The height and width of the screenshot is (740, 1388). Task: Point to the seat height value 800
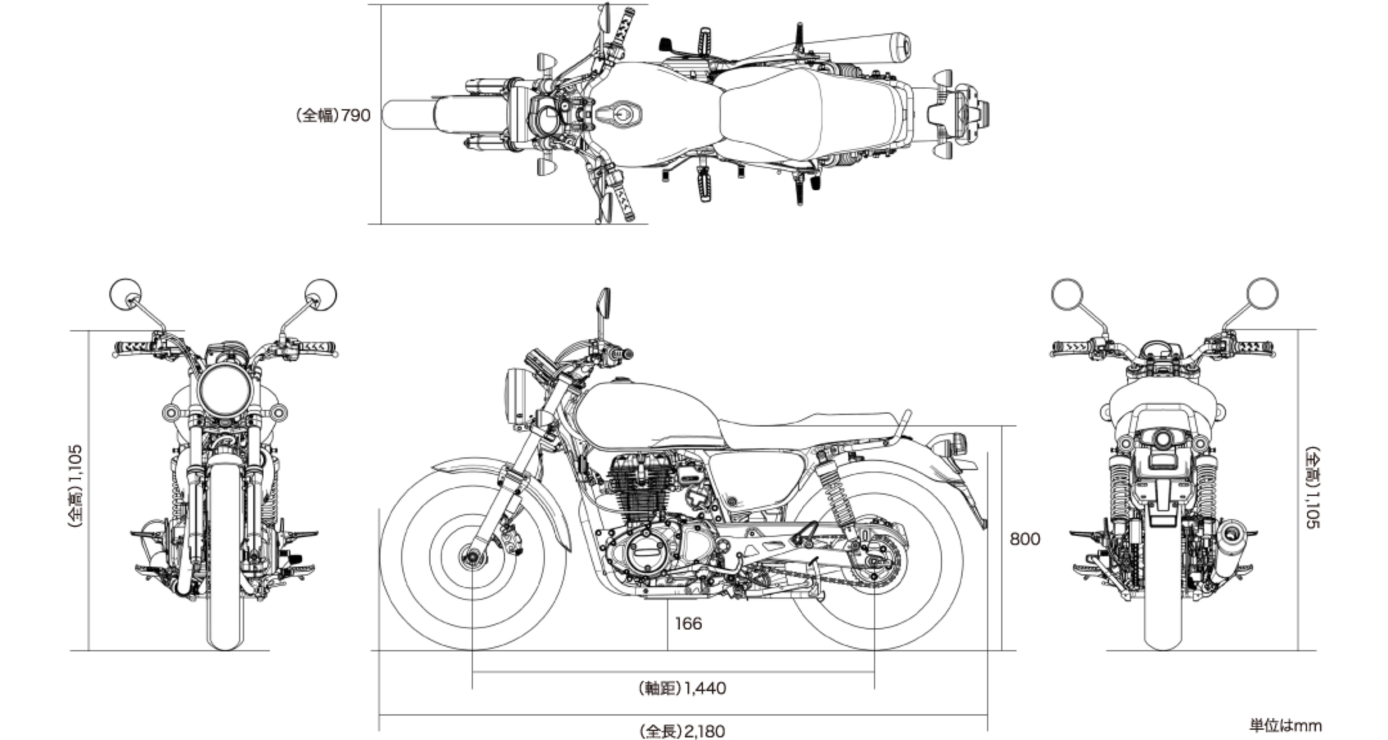click(x=1024, y=539)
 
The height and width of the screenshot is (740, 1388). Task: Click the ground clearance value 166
click(x=688, y=624)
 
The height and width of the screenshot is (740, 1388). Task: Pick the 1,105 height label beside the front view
click(x=75, y=486)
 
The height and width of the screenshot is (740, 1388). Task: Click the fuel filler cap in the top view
click(x=619, y=116)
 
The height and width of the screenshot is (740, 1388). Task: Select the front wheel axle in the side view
click(x=472, y=556)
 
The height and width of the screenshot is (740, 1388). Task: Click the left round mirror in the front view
click(x=126, y=295)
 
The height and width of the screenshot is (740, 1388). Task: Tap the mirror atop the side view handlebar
click(x=603, y=302)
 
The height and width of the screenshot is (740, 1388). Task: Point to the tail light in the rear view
click(x=1162, y=441)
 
